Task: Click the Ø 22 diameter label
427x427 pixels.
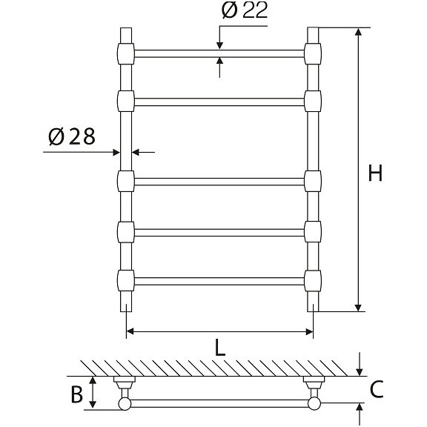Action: tap(245, 10)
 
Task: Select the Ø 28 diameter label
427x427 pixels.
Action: tap(72, 136)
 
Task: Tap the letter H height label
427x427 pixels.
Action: tap(375, 173)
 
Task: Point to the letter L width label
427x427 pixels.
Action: tap(220, 348)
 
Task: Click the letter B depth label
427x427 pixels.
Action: tap(76, 394)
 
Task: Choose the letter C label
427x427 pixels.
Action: tap(377, 390)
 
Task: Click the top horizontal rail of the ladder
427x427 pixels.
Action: tap(219, 53)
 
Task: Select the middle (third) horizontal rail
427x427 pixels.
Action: tap(219, 182)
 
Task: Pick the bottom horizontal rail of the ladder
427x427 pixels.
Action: tap(219, 281)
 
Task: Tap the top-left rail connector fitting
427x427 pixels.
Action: tap(126, 53)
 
